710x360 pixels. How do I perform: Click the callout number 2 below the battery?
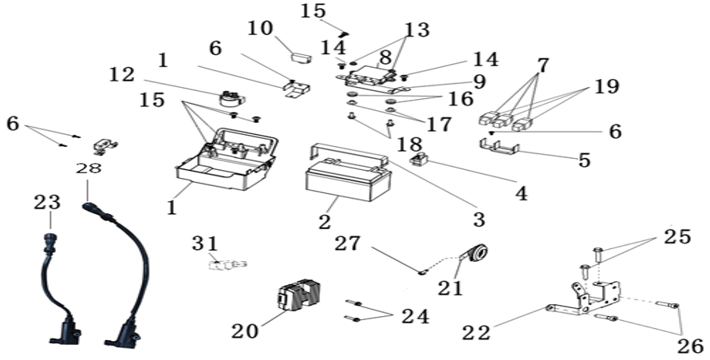click(324, 221)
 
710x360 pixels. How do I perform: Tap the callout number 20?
click(245, 331)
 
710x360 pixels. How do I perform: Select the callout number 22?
click(476, 333)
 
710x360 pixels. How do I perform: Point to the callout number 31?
click(205, 243)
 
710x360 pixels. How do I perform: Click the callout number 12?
click(122, 75)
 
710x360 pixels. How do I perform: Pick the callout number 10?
click(260, 29)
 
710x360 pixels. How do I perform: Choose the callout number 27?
click(348, 243)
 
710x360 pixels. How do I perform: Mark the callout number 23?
click(47, 202)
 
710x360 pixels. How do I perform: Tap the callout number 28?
click(89, 168)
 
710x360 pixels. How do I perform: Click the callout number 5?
click(585, 160)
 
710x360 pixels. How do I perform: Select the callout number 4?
click(522, 193)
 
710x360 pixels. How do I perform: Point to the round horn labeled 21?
click(475, 253)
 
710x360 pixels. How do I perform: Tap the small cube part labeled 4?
click(420, 159)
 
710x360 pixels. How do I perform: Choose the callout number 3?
click(479, 220)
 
